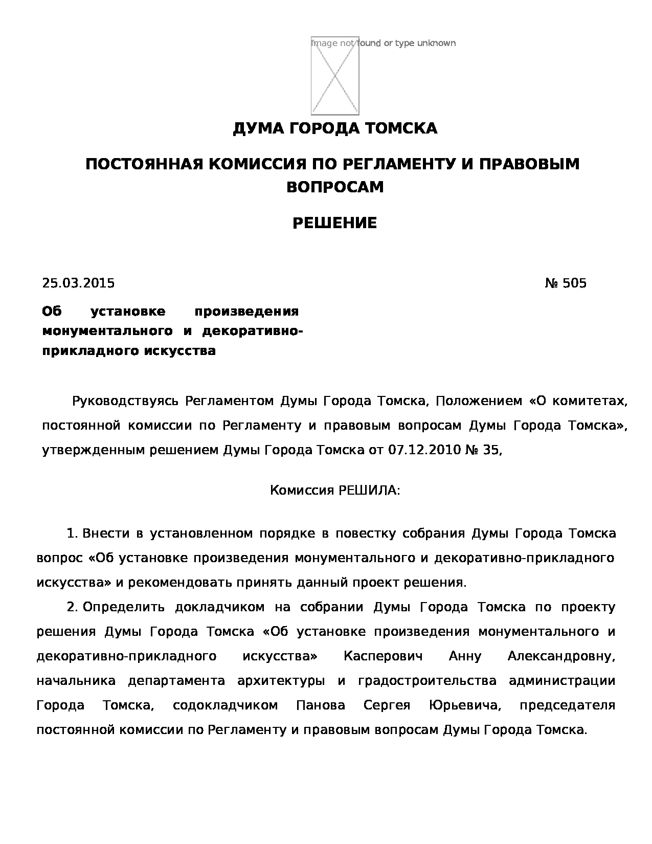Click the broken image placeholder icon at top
point(335,76)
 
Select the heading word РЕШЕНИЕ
point(334,223)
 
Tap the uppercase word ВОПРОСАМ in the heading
point(334,187)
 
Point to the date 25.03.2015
point(78,283)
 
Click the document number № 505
point(566,283)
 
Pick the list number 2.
point(72,607)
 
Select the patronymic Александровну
point(561,656)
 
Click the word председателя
point(567,705)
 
